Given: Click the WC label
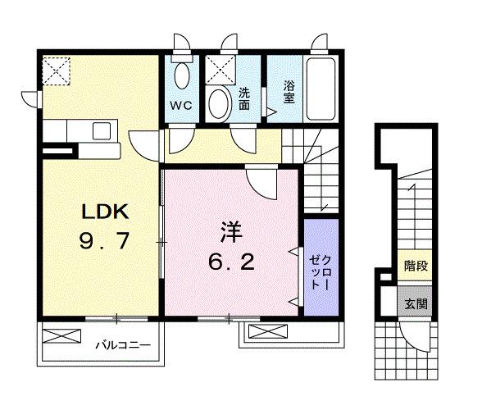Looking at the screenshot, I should (182, 106).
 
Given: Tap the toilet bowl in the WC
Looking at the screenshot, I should (183, 77).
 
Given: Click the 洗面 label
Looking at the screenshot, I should (244, 99).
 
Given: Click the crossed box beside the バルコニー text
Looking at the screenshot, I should (62, 336).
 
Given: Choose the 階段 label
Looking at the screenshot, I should (413, 266).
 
